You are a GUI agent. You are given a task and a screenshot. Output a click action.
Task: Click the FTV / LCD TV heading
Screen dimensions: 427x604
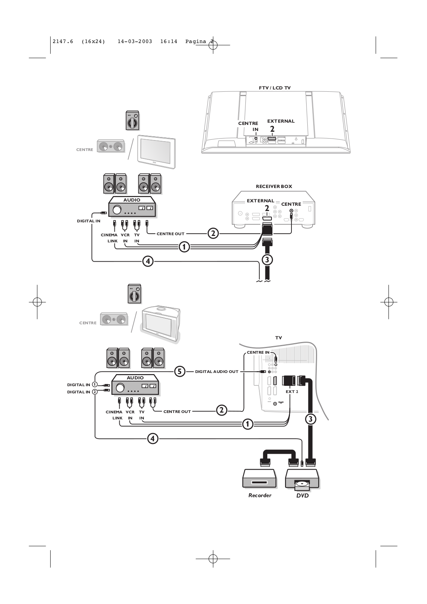click(x=274, y=88)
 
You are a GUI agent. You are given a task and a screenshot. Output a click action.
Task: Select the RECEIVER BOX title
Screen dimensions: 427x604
click(x=274, y=186)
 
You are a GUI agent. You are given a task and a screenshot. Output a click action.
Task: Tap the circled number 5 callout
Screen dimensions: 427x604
click(x=180, y=371)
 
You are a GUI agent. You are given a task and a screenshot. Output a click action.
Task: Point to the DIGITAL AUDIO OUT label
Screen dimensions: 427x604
click(x=217, y=371)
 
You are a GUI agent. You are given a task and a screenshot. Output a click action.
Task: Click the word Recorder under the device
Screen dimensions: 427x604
click(x=260, y=495)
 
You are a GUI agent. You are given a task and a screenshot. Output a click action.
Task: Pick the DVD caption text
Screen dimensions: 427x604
click(x=302, y=496)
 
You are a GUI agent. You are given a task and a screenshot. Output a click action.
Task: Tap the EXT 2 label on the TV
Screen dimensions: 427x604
click(x=292, y=391)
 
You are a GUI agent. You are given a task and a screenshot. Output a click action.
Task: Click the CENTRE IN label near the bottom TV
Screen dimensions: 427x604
click(x=258, y=353)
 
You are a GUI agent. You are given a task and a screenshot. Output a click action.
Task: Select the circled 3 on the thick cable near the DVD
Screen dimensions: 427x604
click(x=310, y=419)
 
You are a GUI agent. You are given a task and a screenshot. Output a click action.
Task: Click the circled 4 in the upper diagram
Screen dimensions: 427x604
click(x=148, y=261)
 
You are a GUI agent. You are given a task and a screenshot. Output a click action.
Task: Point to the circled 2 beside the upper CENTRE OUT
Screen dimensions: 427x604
click(x=213, y=233)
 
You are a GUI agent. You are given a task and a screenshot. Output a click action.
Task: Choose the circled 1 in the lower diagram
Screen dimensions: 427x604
click(x=247, y=424)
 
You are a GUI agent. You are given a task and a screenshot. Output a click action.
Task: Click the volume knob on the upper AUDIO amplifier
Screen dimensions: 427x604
click(x=117, y=210)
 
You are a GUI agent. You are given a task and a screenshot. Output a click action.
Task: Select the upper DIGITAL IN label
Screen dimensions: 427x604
click(x=88, y=221)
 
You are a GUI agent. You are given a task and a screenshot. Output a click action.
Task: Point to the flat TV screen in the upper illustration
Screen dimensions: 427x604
click(x=156, y=151)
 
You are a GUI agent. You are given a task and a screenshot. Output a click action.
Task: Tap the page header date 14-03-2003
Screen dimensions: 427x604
click(x=135, y=42)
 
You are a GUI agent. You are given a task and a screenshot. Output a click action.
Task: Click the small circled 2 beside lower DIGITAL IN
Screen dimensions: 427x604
click(x=95, y=392)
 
